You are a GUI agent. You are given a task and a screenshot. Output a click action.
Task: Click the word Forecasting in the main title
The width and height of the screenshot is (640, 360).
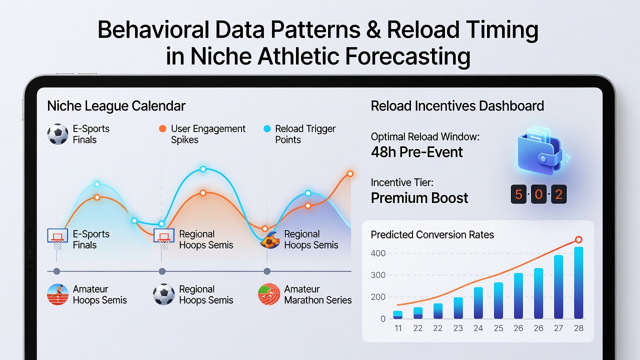(407, 56)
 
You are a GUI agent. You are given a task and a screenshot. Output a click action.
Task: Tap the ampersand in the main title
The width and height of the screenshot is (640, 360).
(373, 29)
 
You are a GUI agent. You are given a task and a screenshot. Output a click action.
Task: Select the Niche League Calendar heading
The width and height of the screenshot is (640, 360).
(116, 106)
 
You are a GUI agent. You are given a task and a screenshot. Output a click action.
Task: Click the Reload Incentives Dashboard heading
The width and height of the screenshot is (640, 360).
(457, 105)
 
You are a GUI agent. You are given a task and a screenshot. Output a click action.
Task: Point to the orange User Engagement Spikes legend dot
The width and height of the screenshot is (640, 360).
(162, 129)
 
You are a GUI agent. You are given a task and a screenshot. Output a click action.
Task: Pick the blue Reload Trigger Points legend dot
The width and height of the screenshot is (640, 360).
(267, 129)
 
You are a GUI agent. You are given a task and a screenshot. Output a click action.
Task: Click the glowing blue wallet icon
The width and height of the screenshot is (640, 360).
(541, 150)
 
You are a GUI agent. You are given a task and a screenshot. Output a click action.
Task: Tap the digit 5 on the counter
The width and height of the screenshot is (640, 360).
(518, 194)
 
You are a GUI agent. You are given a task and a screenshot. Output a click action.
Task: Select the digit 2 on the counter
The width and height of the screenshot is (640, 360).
(559, 194)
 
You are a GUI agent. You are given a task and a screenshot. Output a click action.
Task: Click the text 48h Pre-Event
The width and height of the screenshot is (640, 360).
(416, 152)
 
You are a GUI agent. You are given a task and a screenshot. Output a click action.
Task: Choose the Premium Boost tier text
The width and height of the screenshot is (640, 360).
(419, 198)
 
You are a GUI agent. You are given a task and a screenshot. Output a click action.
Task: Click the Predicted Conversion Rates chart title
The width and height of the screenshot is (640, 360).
(432, 235)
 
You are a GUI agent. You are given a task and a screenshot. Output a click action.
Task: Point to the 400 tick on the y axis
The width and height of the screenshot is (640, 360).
(378, 253)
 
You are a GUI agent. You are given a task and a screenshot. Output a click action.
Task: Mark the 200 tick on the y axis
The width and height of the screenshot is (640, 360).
(378, 297)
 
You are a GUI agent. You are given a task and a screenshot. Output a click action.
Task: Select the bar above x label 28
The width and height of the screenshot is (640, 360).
(578, 283)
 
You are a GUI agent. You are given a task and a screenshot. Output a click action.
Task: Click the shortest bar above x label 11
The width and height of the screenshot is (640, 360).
(397, 315)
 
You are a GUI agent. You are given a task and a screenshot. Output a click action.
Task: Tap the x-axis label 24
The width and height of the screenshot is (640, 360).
(478, 328)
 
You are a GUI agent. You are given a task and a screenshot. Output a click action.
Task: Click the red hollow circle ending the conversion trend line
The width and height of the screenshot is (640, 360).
(578, 239)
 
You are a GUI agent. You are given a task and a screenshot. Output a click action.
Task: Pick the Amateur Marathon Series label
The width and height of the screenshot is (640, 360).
(318, 294)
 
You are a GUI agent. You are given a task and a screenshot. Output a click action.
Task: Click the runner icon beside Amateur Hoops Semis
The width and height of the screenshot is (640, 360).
(57, 294)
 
